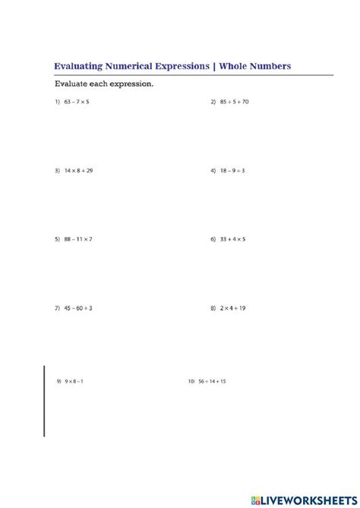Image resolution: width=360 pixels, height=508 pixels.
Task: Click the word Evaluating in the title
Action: (78, 67)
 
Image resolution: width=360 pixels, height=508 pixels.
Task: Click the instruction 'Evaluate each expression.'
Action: (103, 84)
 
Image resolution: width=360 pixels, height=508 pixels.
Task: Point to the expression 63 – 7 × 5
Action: (77, 102)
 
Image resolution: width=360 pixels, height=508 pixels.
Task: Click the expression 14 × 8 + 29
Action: (79, 171)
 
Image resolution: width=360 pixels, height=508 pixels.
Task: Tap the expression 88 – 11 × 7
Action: (79, 239)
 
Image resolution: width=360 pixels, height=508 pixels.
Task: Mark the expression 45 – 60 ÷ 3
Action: (79, 308)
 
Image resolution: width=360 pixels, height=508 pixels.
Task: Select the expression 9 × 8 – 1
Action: (74, 380)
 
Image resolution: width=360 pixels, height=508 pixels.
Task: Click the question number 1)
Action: (57, 102)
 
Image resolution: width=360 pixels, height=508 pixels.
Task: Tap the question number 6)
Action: (213, 239)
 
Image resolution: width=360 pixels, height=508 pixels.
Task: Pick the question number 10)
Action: (191, 380)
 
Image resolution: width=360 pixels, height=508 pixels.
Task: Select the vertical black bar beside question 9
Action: (44, 400)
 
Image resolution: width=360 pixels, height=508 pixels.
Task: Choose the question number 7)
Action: (57, 308)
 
